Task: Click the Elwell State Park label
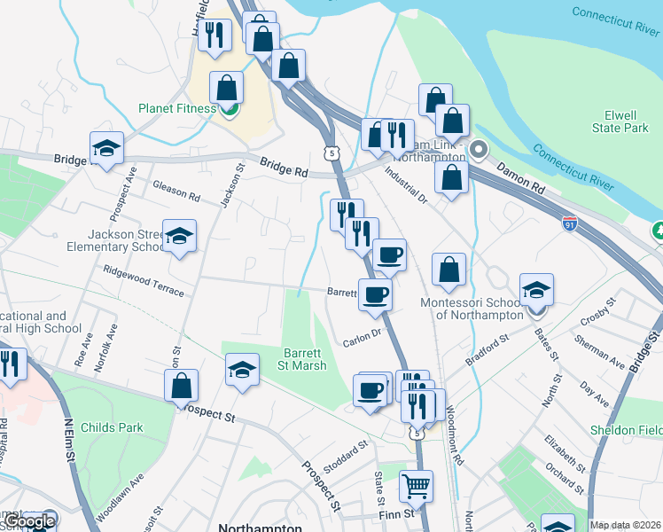[620, 121]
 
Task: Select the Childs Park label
[112, 427]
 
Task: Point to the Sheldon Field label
[627, 430]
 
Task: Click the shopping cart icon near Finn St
[416, 485]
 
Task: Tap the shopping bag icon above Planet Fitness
[227, 88]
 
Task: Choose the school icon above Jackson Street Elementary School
[179, 236]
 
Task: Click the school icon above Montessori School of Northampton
[536, 290]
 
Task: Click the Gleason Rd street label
[176, 191]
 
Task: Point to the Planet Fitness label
[177, 109]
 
